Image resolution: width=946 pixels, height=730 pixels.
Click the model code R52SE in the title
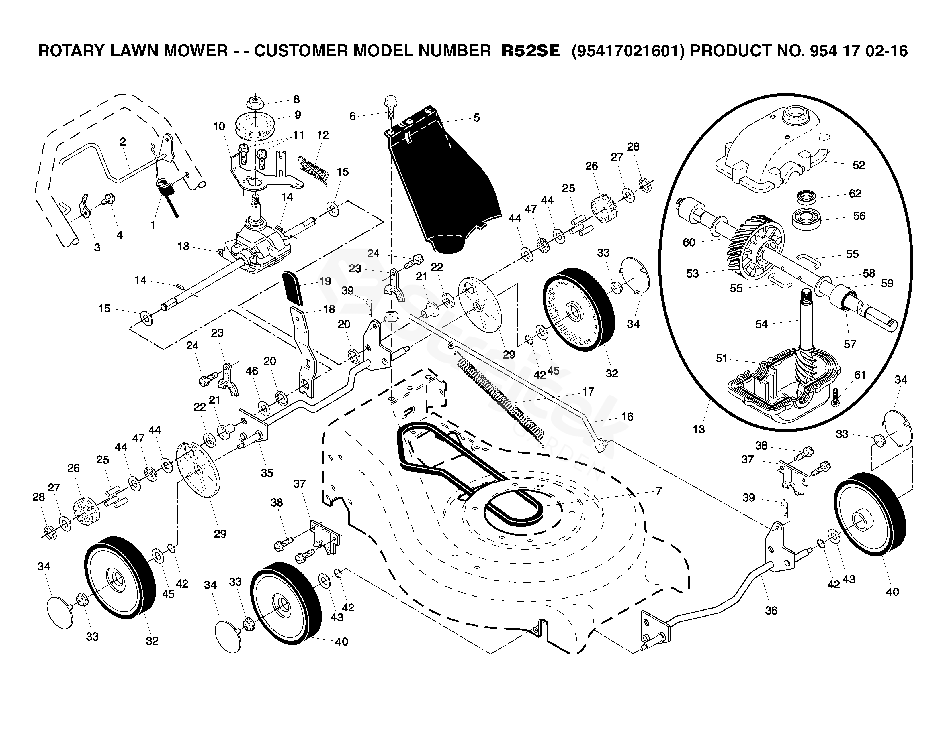[530, 51]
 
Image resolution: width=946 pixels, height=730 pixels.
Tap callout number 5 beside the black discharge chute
[476, 118]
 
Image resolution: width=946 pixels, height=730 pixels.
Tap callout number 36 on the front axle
[771, 611]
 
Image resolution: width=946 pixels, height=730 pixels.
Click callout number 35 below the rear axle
[267, 473]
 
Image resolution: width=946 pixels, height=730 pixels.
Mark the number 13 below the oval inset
[699, 429]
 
